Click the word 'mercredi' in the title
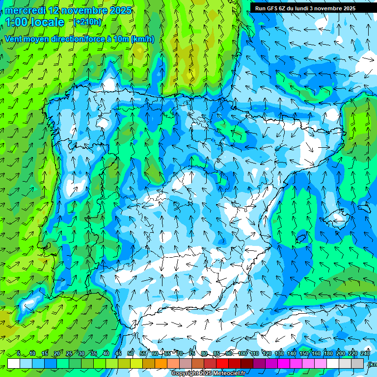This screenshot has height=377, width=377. tap(26, 10)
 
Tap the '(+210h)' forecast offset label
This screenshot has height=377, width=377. tap(88, 22)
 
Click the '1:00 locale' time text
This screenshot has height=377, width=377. tap(35, 22)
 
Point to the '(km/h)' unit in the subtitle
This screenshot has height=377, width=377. tap(142, 39)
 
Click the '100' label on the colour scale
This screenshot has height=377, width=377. tap(242, 353)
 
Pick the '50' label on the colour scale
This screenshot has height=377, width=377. tap(131, 353)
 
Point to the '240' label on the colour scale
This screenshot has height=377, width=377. tap(365, 353)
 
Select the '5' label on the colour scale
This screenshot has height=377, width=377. tap(19, 353)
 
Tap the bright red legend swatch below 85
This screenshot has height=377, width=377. tap(222, 363)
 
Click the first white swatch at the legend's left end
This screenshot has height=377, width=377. tap(14, 363)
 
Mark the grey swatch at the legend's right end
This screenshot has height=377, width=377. tap(358, 363)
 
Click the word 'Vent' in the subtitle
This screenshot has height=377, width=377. tap(14, 39)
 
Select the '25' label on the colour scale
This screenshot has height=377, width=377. tap(69, 353)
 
